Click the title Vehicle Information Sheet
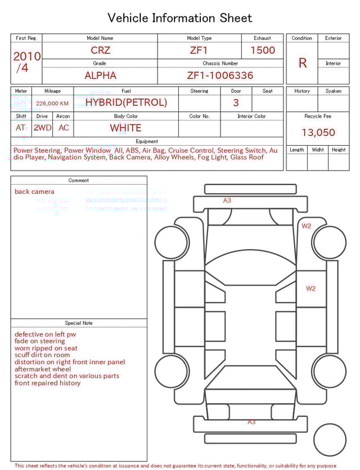180,18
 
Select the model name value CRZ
101,50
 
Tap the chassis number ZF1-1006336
220,75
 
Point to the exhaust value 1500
263,50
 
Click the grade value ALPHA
100,75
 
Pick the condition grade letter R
303,63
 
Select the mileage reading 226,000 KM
52,104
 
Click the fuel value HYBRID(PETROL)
126,102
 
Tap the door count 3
236,103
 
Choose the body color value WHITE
125,128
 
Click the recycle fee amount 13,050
318,133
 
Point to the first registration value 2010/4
26,62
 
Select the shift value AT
21,128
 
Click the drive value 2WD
42,128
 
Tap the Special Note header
79,323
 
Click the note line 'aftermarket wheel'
43,369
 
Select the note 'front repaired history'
48,383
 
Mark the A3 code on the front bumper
227,200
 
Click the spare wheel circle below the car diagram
330,439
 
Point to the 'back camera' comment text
35,192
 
